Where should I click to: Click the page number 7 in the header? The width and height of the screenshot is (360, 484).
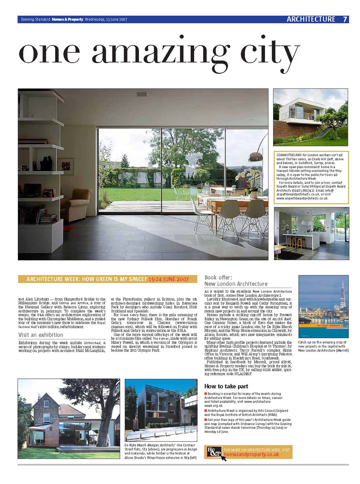(345, 19)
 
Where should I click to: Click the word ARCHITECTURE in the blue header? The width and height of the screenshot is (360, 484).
(311, 19)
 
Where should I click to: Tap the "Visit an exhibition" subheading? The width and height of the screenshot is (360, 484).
(41, 335)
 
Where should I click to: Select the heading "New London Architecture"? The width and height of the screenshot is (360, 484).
(236, 284)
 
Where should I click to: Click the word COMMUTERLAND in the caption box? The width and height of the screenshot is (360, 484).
(288, 154)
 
